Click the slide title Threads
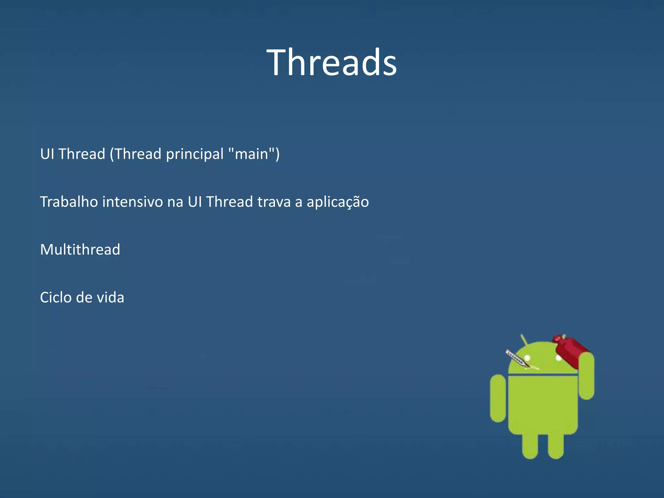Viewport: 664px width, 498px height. [332, 62]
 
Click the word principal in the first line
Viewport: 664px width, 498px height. [195, 154]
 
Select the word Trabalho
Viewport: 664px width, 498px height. [69, 202]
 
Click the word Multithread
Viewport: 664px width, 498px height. [80, 250]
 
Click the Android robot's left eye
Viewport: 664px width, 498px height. [527, 358]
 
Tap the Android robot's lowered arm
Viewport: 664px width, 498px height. [498, 399]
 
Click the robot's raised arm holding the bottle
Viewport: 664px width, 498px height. [587, 376]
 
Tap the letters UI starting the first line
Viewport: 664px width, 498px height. [47, 154]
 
